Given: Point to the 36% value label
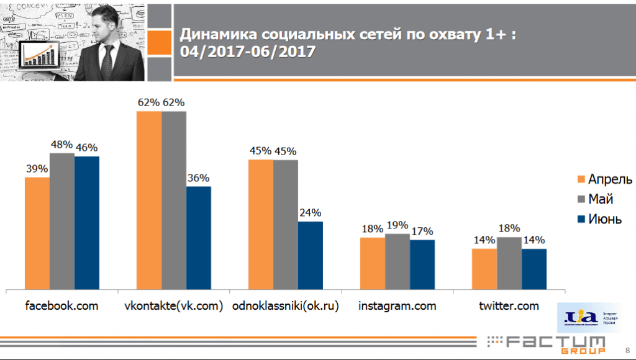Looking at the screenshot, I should coord(199,178).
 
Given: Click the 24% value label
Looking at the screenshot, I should coord(311,214).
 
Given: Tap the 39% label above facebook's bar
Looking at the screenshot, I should coord(37,169).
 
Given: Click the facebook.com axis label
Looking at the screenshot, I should coord(62,306).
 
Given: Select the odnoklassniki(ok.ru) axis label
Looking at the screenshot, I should coord(285,306).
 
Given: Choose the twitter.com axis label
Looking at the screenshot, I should coord(509,306).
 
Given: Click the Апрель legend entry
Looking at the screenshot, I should coord(610,180).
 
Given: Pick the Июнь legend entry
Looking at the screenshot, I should coord(605,219).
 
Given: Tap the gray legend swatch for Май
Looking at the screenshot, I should coord(581,200).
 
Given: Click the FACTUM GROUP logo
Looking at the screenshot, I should coord(547,344).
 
